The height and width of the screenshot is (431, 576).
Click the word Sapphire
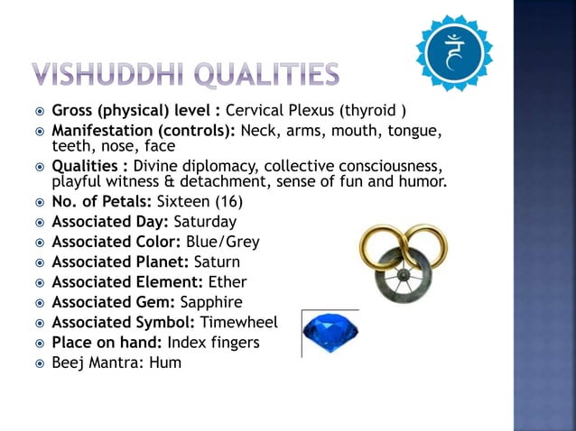[211, 302]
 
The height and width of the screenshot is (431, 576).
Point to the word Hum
[167, 362]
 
